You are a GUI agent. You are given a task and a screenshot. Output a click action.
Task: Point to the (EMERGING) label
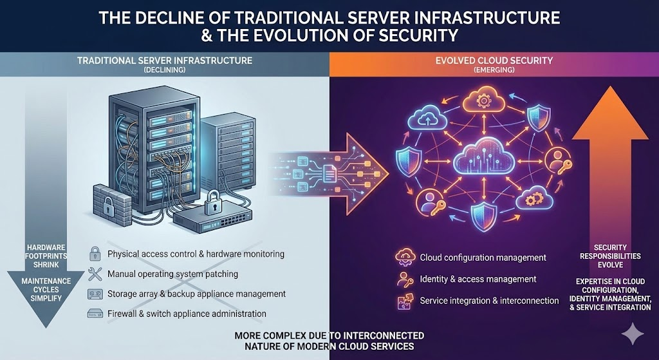pyautogui.click(x=494, y=70)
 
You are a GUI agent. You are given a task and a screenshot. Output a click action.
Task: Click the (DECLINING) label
pyautogui.click(x=165, y=70)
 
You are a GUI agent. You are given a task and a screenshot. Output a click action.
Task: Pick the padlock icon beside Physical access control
pyautogui.click(x=94, y=254)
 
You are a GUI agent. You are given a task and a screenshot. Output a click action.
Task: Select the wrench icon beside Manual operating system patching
pyautogui.click(x=94, y=274)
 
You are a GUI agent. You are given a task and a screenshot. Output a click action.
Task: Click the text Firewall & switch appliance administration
pyautogui.click(x=187, y=314)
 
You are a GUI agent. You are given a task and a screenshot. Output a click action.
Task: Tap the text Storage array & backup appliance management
pyautogui.click(x=196, y=294)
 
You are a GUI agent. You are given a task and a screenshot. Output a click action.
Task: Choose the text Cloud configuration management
pyautogui.click(x=483, y=258)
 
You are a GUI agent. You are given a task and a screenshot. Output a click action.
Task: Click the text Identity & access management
pyautogui.click(x=478, y=279)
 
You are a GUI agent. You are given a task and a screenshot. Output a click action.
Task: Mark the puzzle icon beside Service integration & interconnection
pyautogui.click(x=404, y=300)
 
